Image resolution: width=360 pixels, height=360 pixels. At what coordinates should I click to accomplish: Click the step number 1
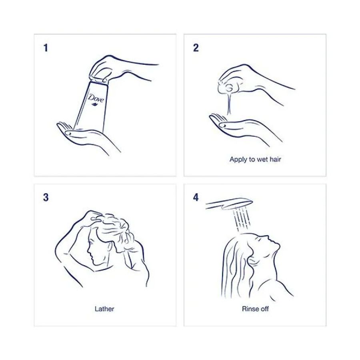tap(46, 48)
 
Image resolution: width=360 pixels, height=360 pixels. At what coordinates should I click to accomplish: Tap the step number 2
tap(196, 48)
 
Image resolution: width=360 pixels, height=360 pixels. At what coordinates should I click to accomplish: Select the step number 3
tap(46, 198)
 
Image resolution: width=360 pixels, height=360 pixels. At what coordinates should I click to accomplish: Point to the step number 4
tap(196, 198)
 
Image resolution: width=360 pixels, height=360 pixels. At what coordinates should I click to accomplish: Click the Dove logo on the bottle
tap(96, 99)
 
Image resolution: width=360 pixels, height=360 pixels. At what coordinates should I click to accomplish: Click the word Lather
tap(104, 309)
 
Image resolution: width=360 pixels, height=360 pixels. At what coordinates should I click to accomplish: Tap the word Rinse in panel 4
tap(249, 309)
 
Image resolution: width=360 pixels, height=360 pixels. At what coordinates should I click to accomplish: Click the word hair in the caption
tap(275, 159)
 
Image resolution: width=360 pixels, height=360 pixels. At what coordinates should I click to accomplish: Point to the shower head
tap(230, 204)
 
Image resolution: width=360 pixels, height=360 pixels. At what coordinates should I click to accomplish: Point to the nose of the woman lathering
tap(88, 252)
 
